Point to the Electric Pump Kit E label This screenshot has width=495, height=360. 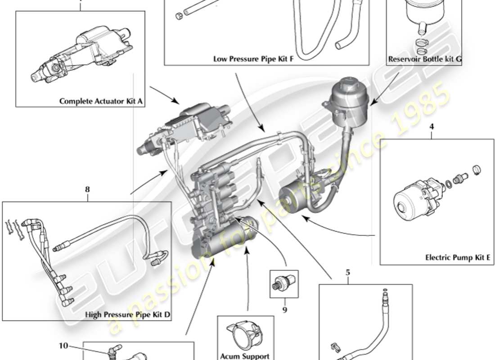pyautogui.click(x=454, y=258)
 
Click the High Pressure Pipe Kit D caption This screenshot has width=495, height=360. pyautogui.click(x=128, y=315)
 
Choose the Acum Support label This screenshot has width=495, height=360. pyautogui.click(x=245, y=356)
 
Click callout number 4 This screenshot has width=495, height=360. pyautogui.click(x=432, y=127)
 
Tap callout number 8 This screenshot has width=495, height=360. pyautogui.click(x=87, y=190)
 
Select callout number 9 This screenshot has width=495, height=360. pyautogui.click(x=284, y=310)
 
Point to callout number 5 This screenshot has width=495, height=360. pyautogui.click(x=347, y=272)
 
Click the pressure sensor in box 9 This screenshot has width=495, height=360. pyautogui.click(x=283, y=284)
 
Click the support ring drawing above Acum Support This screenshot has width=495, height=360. pyautogui.click(x=245, y=335)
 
